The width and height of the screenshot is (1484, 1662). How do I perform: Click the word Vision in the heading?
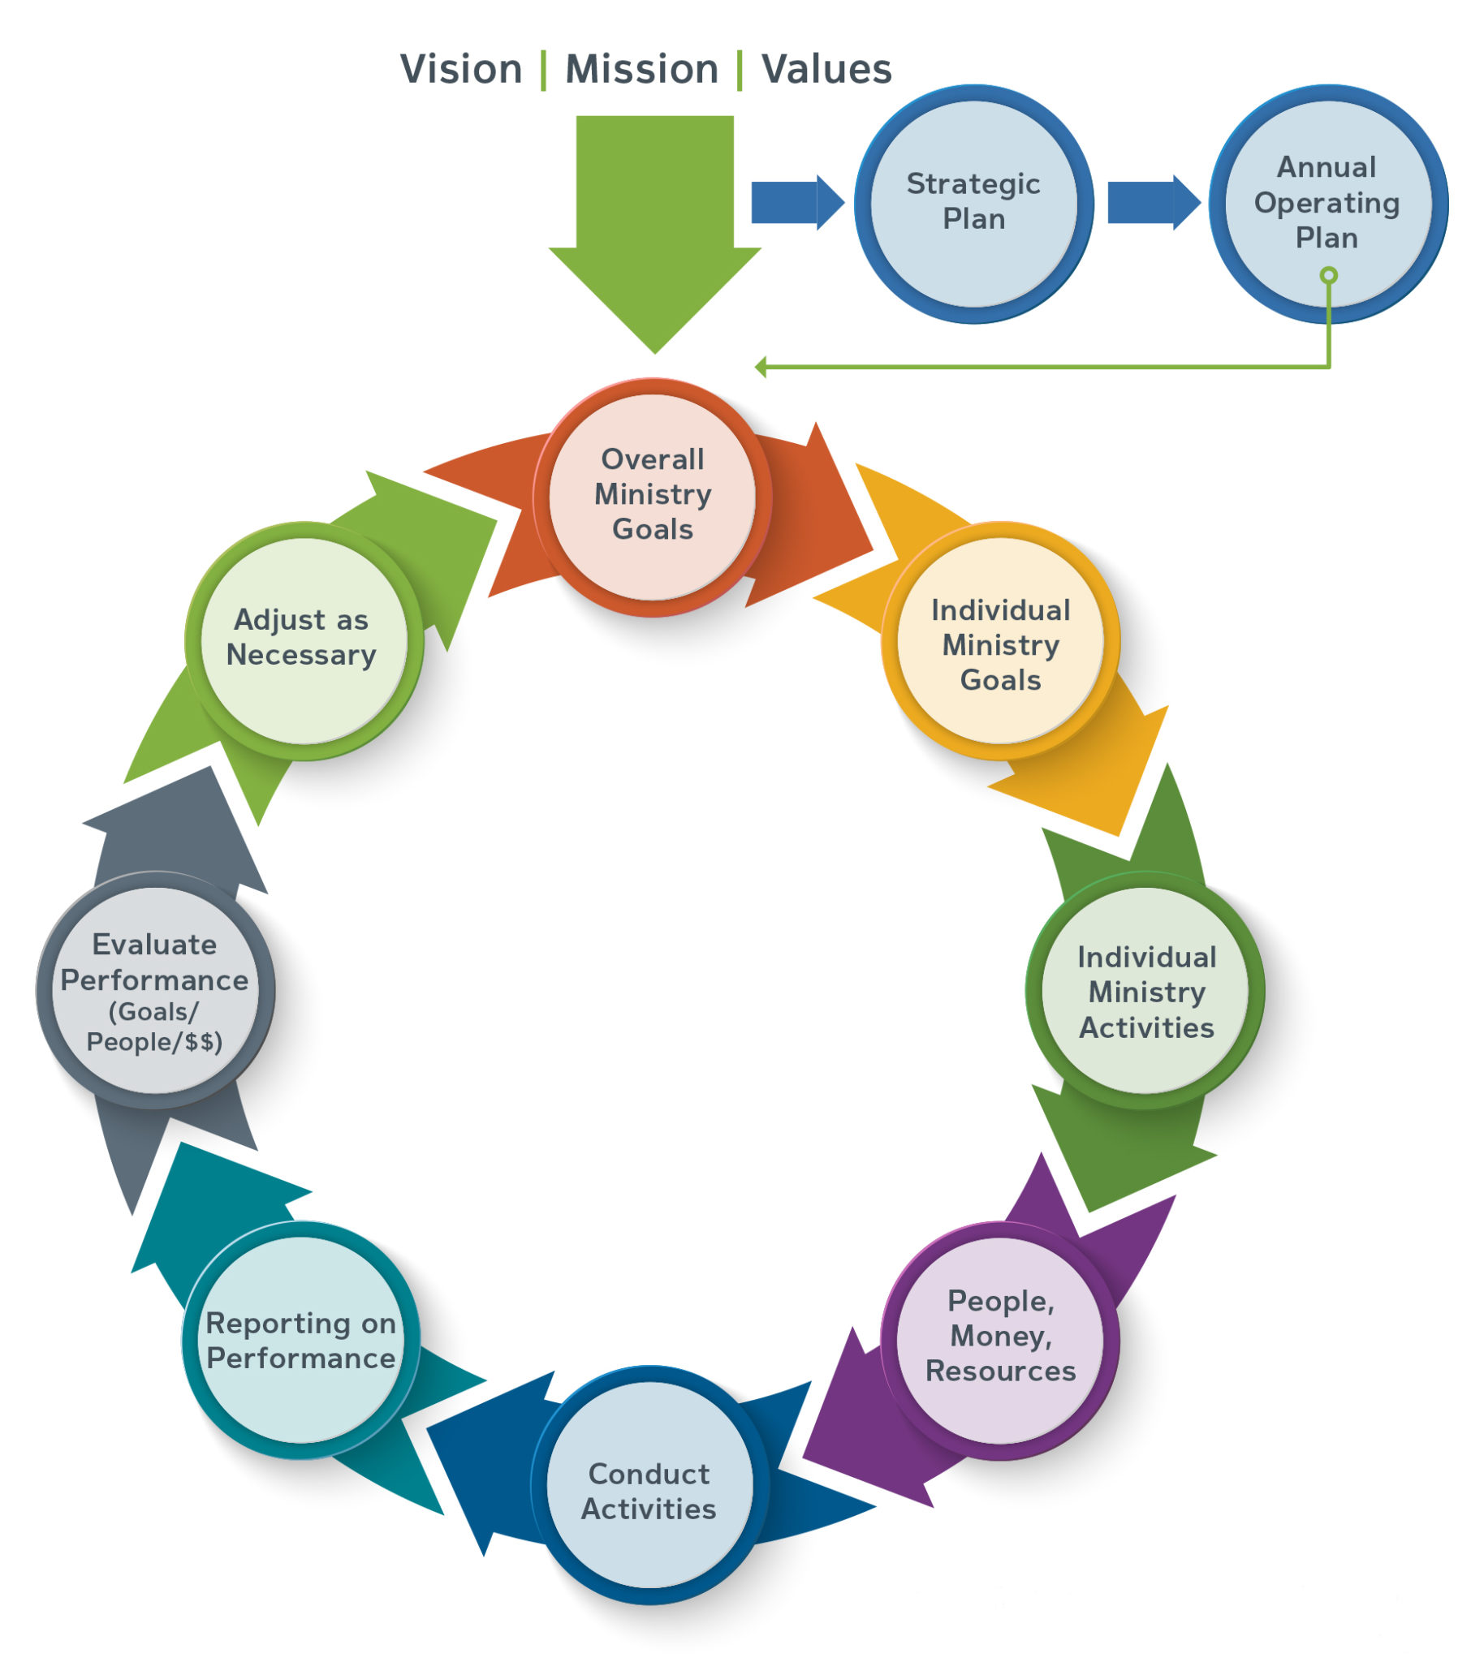[460, 68]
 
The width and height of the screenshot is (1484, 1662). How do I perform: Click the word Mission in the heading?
[641, 68]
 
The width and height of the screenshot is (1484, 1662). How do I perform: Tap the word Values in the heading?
[826, 68]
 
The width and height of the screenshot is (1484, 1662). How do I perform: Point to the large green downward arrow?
[654, 220]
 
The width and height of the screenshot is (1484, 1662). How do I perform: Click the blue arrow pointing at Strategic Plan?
[796, 201]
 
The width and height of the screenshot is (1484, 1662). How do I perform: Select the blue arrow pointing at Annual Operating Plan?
[1152, 201]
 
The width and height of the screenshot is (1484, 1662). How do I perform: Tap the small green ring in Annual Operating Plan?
[1328, 275]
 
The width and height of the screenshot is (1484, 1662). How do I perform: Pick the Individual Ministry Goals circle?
[999, 644]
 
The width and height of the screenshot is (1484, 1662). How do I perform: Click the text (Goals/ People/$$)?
[154, 1027]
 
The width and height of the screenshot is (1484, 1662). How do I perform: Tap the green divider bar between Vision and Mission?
[543, 69]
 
